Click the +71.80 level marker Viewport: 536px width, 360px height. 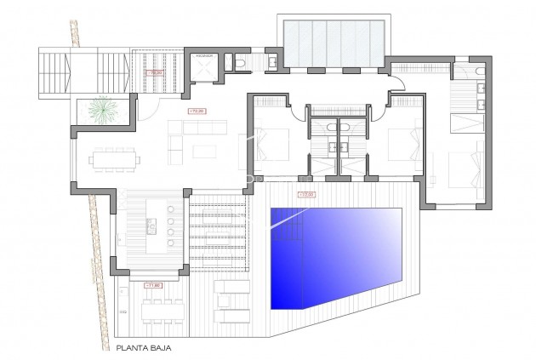coord(153,284)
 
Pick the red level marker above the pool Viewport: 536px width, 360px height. coord(305,195)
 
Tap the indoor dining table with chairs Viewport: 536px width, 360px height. coord(115,159)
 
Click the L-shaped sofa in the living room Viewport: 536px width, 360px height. coord(187,136)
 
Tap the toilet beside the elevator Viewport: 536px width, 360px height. coord(242,63)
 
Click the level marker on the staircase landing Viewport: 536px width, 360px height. coord(155,73)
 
